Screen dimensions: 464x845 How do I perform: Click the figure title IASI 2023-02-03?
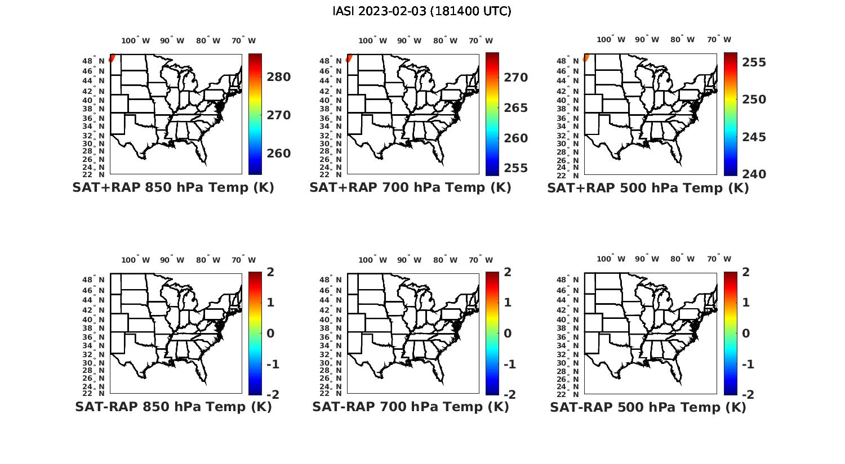422,11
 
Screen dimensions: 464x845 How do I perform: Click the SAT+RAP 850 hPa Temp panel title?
173,188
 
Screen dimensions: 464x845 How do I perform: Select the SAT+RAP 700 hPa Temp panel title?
410,188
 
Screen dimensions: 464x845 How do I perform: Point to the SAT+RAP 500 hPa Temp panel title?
648,188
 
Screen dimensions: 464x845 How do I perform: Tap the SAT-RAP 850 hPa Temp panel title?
173,407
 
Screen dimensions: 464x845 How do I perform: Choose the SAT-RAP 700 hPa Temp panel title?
410,407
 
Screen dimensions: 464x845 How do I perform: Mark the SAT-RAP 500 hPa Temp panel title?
648,408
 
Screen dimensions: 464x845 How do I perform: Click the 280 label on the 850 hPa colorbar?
279,77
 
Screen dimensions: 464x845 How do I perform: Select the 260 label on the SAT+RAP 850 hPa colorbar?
279,154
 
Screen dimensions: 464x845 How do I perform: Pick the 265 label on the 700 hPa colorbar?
516,108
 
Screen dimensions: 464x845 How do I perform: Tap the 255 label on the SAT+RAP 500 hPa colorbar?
754,62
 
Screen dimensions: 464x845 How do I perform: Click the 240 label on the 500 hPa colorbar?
754,174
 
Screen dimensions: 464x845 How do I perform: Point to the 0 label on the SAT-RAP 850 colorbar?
270,334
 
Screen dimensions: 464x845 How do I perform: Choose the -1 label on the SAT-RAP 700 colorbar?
509,364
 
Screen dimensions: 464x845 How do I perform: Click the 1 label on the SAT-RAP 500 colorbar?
746,303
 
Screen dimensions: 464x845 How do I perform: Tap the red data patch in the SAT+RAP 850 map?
112,58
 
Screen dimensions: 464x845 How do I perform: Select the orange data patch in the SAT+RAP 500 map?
586,57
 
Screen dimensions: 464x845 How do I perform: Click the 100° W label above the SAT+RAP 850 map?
136,40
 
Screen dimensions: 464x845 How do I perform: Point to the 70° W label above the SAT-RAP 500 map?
719,259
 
